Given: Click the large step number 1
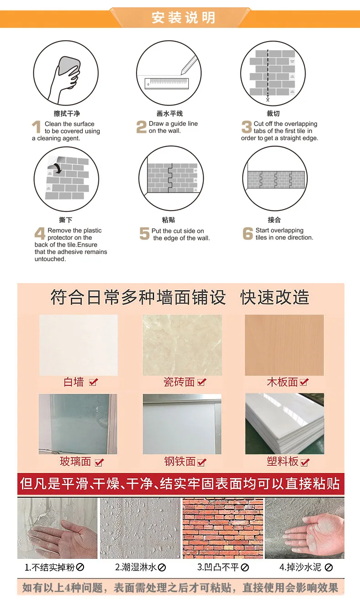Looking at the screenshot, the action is pyautogui.click(x=37, y=127).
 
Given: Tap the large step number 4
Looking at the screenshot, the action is pyautogui.click(x=40, y=233).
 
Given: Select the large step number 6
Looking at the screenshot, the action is pyautogui.click(x=248, y=233).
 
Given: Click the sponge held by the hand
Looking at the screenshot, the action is pyautogui.click(x=69, y=68).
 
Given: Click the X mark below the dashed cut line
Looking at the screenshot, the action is pyautogui.click(x=268, y=100).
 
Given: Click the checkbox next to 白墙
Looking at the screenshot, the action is pyautogui.click(x=93, y=382).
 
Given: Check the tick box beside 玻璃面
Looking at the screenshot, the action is pyautogui.click(x=99, y=463).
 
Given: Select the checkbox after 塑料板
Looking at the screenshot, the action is pyautogui.click(x=305, y=463).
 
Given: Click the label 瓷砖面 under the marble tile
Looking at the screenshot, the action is pyautogui.click(x=179, y=382).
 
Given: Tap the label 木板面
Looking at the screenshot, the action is pyautogui.click(x=282, y=382).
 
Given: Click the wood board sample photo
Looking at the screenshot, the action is pyautogui.click(x=284, y=345).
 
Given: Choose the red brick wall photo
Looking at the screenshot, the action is pyautogui.click(x=222, y=528).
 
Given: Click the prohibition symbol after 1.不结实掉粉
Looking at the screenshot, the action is pyautogui.click(x=80, y=567).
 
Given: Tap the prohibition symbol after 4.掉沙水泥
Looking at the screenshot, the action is pyautogui.click(x=328, y=568).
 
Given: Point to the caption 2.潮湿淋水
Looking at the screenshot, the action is pyautogui.click(x=136, y=567).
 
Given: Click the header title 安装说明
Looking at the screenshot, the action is pyautogui.click(x=183, y=18).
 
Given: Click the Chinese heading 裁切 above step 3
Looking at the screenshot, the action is pyautogui.click(x=273, y=113).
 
